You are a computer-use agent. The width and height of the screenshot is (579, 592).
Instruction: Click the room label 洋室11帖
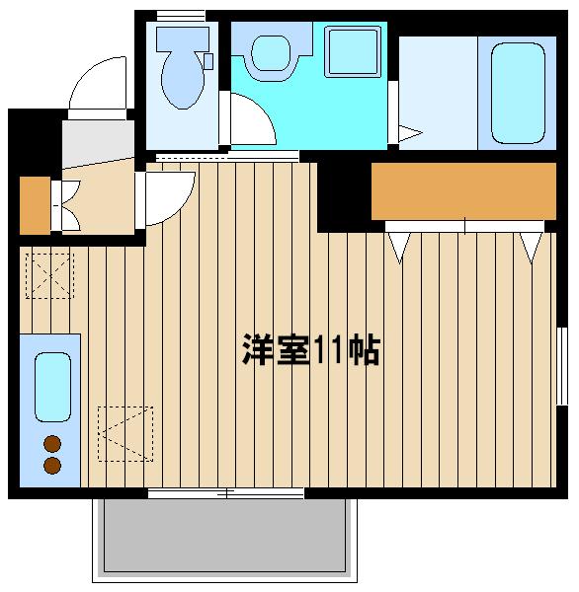point(311,349)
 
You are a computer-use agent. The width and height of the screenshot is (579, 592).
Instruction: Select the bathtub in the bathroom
point(518,93)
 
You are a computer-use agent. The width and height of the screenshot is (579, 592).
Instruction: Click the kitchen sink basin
point(52,387)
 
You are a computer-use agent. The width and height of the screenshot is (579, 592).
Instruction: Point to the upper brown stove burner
point(52,444)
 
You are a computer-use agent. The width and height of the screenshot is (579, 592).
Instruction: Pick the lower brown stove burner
point(52,466)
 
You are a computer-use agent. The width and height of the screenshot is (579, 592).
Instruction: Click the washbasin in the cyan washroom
point(271,53)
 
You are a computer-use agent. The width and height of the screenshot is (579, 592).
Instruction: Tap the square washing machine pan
point(353,51)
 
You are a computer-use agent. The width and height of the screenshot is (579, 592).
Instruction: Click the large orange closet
point(463,191)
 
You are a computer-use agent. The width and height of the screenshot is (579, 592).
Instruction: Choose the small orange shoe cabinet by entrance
point(36,205)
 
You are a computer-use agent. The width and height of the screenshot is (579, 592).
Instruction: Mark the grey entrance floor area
point(98,143)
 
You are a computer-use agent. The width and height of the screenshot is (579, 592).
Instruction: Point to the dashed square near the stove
point(125,434)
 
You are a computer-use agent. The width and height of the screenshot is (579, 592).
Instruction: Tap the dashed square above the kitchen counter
point(49,276)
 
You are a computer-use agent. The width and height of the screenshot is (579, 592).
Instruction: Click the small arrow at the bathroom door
point(410,133)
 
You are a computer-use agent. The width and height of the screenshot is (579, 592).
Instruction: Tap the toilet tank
point(183,38)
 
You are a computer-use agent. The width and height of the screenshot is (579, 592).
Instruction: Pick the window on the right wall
point(562,366)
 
